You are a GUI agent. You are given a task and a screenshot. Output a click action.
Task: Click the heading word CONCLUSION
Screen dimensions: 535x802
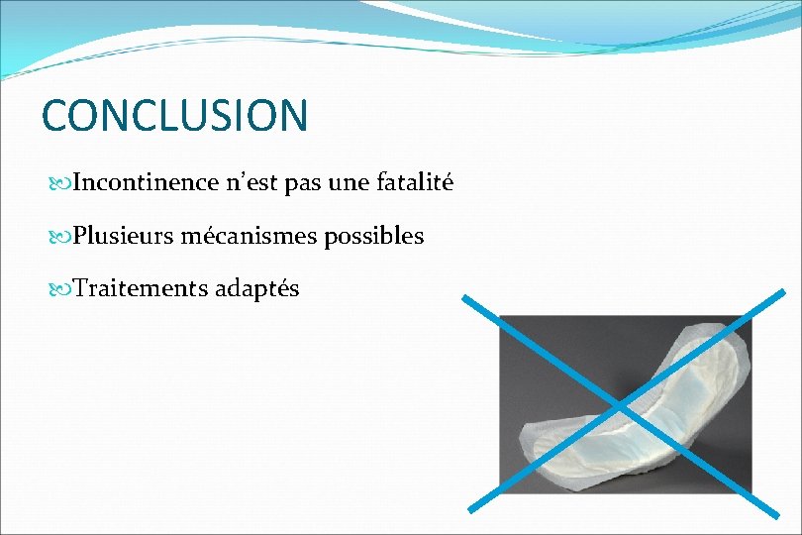174,115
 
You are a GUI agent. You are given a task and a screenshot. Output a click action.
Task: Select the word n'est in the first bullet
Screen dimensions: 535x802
251,183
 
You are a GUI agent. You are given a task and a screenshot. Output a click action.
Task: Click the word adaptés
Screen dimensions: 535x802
257,290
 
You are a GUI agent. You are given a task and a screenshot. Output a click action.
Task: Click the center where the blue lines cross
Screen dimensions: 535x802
620,406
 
